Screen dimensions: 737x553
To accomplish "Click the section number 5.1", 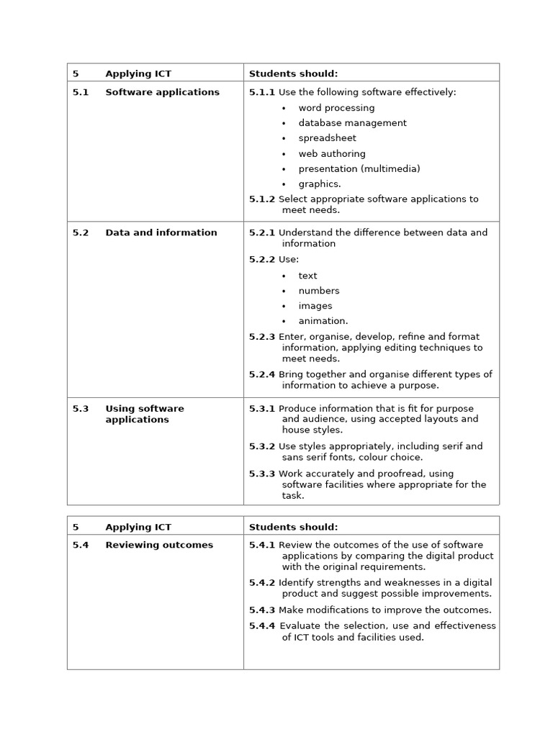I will [81, 92].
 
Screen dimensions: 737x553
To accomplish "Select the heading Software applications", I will [162, 92].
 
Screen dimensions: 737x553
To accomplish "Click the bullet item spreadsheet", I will [327, 138].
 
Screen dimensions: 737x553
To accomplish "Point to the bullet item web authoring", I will [332, 153].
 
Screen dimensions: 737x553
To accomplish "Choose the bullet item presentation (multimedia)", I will [359, 168].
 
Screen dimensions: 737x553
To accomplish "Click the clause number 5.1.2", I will [262, 199].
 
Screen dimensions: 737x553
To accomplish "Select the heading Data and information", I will [161, 232].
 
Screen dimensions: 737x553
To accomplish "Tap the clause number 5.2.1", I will [262, 232].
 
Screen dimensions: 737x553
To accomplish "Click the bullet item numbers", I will [319, 291].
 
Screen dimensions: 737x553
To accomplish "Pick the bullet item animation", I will [323, 321].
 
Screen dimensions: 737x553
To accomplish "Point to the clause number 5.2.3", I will [262, 336].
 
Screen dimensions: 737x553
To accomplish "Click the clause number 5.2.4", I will [262, 374].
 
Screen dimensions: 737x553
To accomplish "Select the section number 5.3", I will [81, 408].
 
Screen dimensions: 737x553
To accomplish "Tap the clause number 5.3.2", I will [262, 446].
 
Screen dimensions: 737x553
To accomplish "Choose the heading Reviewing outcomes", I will [159, 545].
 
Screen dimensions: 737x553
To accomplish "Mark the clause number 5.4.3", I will [262, 610].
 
